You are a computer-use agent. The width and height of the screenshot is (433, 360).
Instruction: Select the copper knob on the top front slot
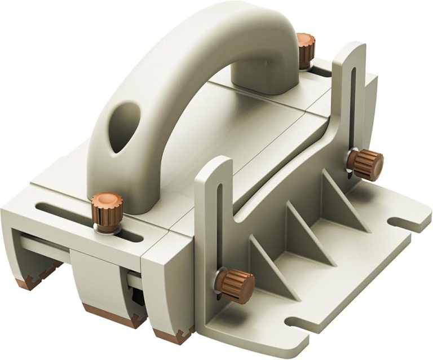[x=107, y=209]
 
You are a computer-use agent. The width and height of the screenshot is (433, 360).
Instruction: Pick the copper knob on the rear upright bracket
[x=366, y=165]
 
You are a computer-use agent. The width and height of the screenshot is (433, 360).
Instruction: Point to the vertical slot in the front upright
[x=219, y=226]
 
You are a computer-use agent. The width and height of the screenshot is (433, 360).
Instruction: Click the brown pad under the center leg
[x=113, y=316]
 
